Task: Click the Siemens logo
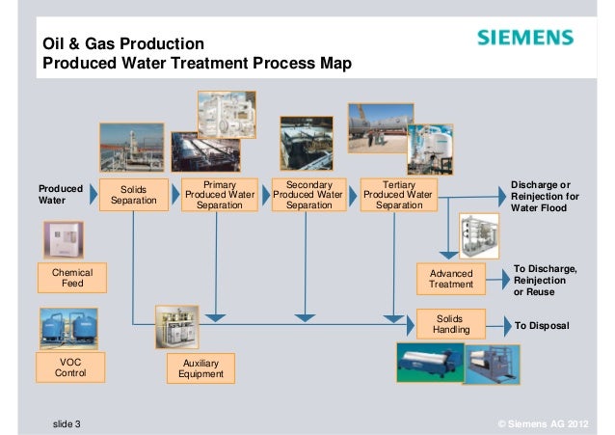point(525,39)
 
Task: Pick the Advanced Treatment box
point(451,279)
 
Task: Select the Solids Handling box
point(451,323)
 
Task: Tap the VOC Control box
point(71,367)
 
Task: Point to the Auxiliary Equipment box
point(201,367)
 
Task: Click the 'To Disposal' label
point(543,327)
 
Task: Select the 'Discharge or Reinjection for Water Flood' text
point(545,196)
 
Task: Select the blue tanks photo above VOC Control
point(68,327)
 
